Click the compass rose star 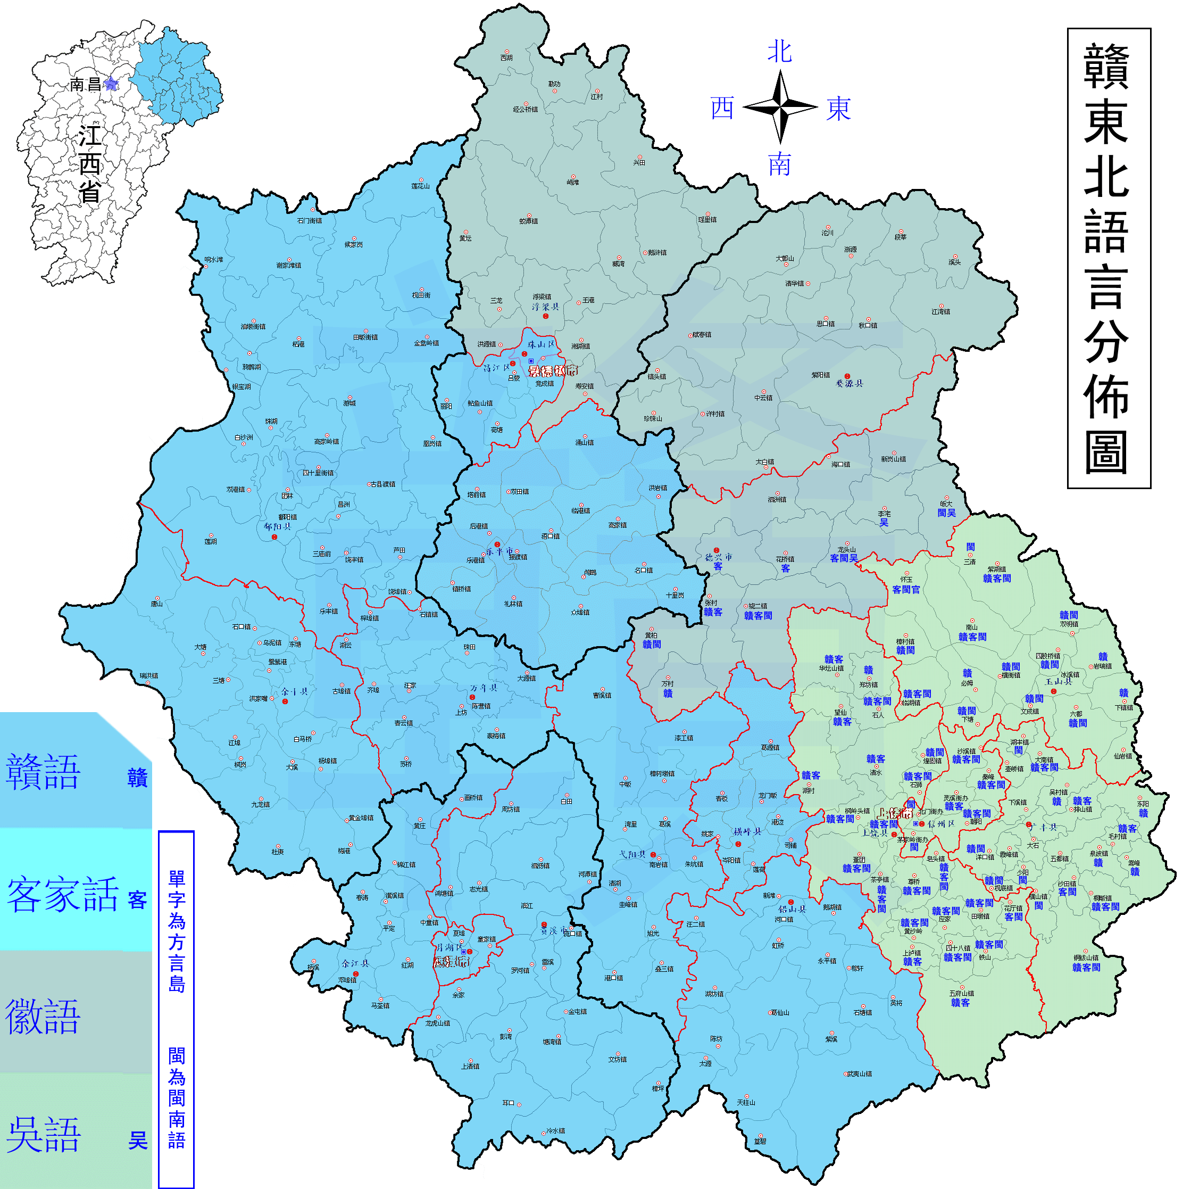click(780, 106)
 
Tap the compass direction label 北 click(780, 52)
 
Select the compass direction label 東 click(838, 109)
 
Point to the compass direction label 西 click(722, 109)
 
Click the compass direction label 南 click(780, 164)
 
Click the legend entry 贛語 click(43, 772)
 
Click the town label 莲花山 click(420, 186)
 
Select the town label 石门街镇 click(310, 221)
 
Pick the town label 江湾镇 click(940, 312)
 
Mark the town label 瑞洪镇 click(148, 676)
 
